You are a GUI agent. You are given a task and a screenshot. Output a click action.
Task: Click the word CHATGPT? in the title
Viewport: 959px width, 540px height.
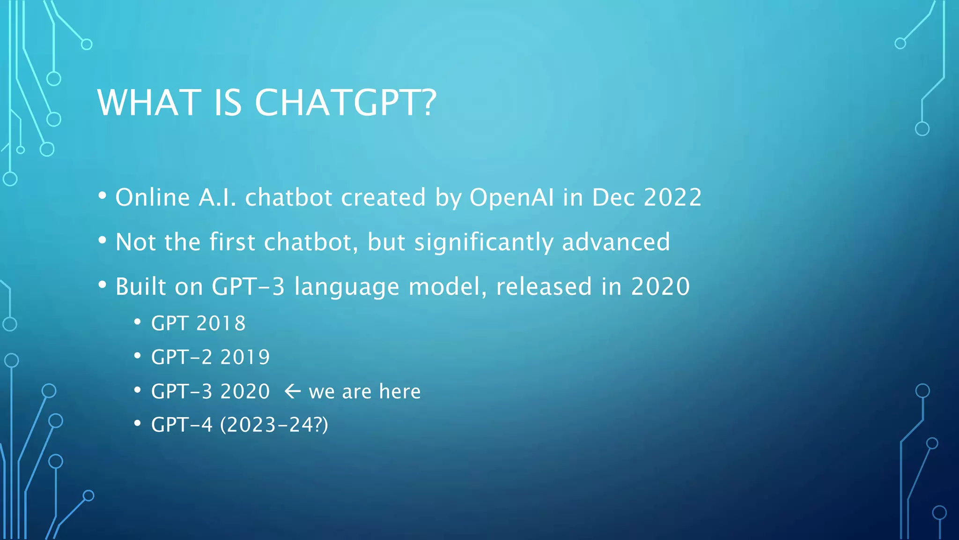click(346, 103)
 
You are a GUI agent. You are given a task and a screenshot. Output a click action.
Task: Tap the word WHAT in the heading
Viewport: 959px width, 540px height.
click(149, 103)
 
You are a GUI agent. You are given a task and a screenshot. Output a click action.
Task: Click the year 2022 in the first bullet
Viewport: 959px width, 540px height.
click(672, 197)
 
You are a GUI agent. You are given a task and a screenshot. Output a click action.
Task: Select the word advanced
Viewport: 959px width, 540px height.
click(616, 242)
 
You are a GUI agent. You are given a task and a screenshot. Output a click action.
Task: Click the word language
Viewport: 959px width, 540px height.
click(346, 287)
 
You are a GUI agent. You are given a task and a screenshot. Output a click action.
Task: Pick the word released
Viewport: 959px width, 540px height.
click(544, 286)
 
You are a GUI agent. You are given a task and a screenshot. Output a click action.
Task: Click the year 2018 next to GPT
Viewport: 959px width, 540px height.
click(221, 323)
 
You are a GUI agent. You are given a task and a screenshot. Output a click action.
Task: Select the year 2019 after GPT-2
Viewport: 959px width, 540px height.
click(245, 357)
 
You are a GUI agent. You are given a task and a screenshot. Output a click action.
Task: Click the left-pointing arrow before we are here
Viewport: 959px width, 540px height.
click(293, 391)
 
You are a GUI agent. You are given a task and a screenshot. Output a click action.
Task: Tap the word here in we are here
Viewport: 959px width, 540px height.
click(399, 391)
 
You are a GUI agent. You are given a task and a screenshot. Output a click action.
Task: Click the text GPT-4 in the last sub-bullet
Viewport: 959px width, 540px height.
click(182, 425)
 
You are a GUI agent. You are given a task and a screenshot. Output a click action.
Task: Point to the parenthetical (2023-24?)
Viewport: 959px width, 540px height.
click(274, 425)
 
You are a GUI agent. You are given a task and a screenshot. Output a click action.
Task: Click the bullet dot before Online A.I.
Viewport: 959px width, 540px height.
click(103, 196)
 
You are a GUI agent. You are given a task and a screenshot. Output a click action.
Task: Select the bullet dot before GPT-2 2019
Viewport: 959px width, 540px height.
click(137, 356)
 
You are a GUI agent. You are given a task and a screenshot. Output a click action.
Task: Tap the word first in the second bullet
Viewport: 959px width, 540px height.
click(232, 242)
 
